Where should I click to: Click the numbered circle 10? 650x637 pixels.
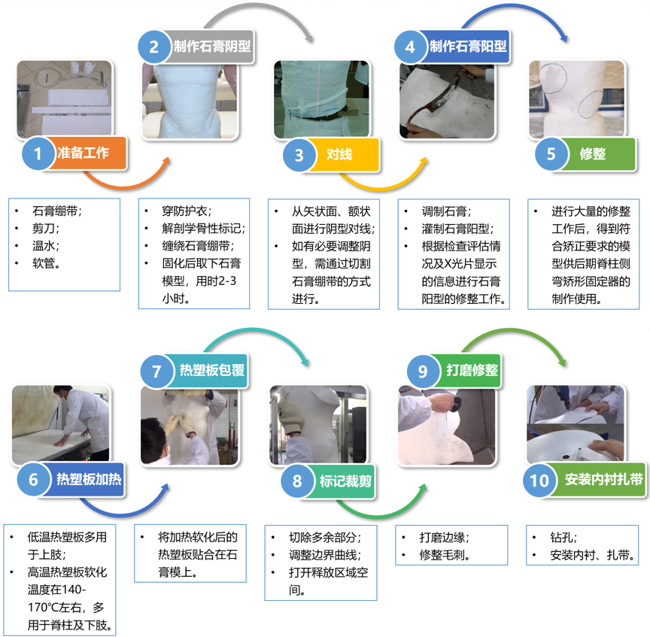tap(539, 480)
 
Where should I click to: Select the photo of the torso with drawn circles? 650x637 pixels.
tap(577, 99)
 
